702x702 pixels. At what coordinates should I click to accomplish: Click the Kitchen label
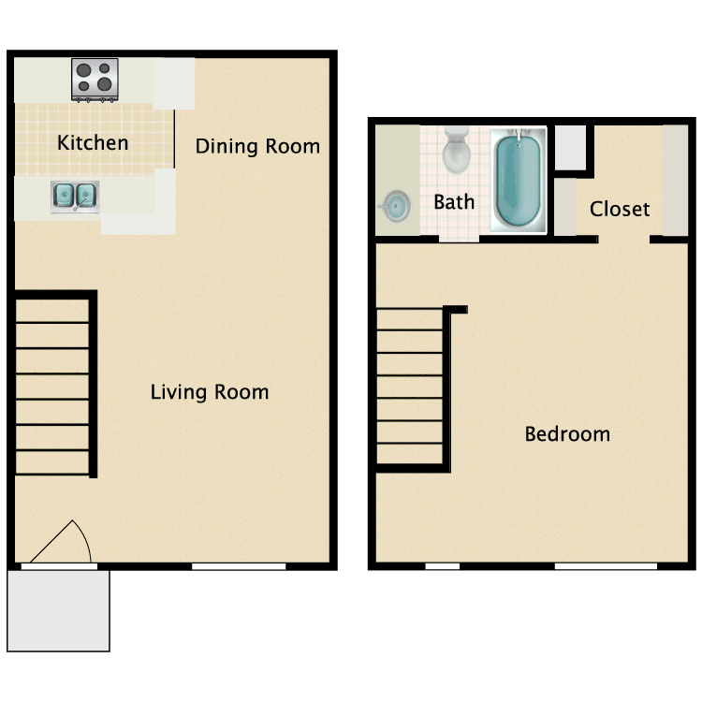pyautogui.click(x=93, y=143)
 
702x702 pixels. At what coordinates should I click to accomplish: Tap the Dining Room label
pyautogui.click(x=257, y=146)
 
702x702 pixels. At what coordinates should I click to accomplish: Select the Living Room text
pyautogui.click(x=210, y=392)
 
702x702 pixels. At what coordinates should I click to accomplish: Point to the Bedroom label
pyautogui.click(x=567, y=433)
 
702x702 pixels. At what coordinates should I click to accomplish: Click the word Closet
pyautogui.click(x=620, y=209)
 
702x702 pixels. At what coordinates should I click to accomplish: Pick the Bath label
pyautogui.click(x=454, y=202)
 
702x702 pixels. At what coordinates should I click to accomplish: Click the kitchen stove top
pyautogui.click(x=95, y=80)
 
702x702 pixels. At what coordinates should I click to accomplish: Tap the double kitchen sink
pyautogui.click(x=75, y=197)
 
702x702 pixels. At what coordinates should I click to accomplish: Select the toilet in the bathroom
pyautogui.click(x=456, y=151)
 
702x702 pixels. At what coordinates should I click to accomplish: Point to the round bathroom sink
pyautogui.click(x=397, y=207)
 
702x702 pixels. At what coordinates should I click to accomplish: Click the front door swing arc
pyautogui.click(x=82, y=538)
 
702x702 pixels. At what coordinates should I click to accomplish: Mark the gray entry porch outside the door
pyautogui.click(x=58, y=610)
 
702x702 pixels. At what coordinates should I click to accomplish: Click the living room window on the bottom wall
pyautogui.click(x=239, y=566)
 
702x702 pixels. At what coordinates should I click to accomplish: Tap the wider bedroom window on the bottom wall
pyautogui.click(x=606, y=566)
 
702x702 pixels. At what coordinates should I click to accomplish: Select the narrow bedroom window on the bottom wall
pyautogui.click(x=443, y=566)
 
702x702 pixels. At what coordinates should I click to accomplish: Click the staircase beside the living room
pyautogui.click(x=51, y=387)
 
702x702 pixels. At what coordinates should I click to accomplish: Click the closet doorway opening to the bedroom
pyautogui.click(x=624, y=240)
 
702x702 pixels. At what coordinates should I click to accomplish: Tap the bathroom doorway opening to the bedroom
pyautogui.click(x=459, y=239)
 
